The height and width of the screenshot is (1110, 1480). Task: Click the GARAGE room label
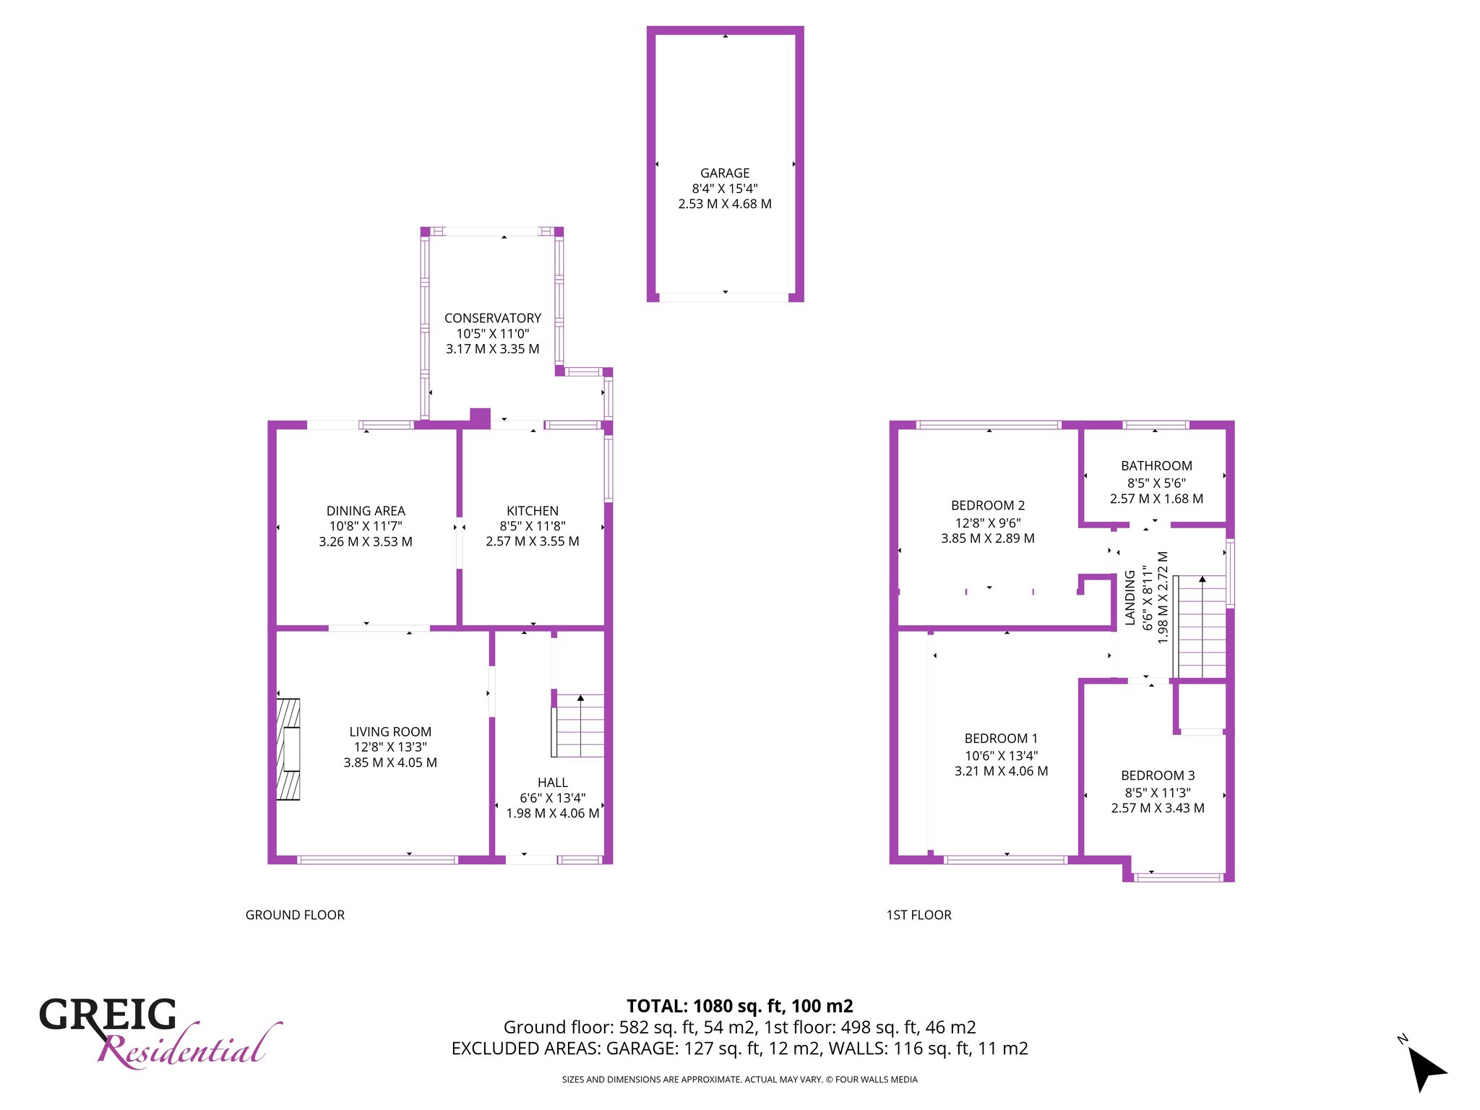pyautogui.click(x=725, y=173)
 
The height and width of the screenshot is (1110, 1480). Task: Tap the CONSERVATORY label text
pyautogui.click(x=493, y=318)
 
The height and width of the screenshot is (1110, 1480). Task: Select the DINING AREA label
pyautogui.click(x=366, y=511)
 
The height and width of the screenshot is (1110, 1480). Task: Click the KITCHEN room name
pyautogui.click(x=533, y=511)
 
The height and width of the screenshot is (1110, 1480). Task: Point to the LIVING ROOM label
pyautogui.click(x=390, y=732)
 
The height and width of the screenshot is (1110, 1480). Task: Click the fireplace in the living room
pyautogui.click(x=288, y=749)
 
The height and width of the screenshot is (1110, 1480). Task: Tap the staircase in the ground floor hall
pyautogui.click(x=577, y=726)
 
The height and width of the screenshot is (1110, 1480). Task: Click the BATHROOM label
pyautogui.click(x=1156, y=466)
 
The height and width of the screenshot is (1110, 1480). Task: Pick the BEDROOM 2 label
pyautogui.click(x=988, y=506)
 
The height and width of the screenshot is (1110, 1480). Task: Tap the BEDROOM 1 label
pyautogui.click(x=1001, y=739)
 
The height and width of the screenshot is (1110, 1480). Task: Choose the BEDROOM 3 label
pyautogui.click(x=1158, y=775)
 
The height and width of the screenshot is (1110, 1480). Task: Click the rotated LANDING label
pyautogui.click(x=1130, y=598)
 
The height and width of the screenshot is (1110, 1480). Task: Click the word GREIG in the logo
pyautogui.click(x=108, y=1015)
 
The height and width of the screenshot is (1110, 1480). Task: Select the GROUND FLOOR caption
pyautogui.click(x=295, y=915)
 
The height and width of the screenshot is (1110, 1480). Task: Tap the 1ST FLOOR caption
pyautogui.click(x=918, y=915)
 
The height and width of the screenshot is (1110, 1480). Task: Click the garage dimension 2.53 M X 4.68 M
pyautogui.click(x=725, y=205)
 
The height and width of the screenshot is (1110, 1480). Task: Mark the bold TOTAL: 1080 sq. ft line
pyautogui.click(x=740, y=1006)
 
